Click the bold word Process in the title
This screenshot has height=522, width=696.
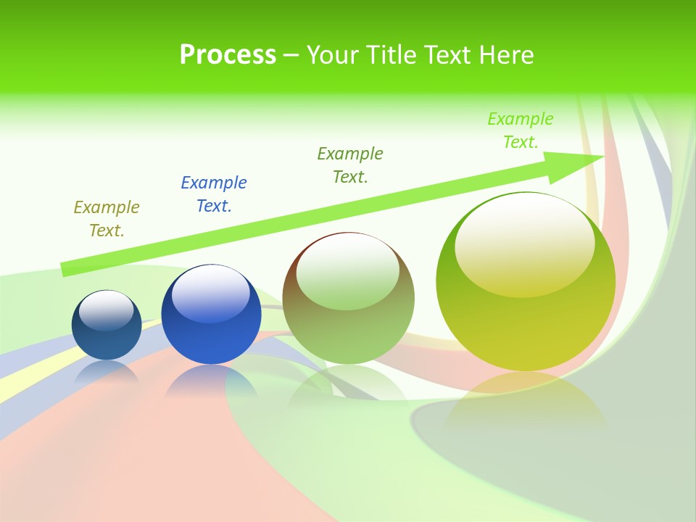tap(228, 55)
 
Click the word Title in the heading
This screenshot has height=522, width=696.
tap(392, 55)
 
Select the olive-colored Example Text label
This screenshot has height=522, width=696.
tap(107, 219)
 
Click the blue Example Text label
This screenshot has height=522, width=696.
tap(214, 194)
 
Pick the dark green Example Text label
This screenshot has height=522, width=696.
tap(350, 165)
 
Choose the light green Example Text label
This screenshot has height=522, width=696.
tap(521, 130)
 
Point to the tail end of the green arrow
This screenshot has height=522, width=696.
tap(65, 269)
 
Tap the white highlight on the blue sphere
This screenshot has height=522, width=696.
tap(211, 294)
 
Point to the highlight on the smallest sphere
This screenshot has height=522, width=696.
tap(107, 310)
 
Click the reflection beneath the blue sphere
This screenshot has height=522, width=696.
tap(210, 381)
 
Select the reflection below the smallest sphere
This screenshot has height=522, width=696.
tap(107, 372)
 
